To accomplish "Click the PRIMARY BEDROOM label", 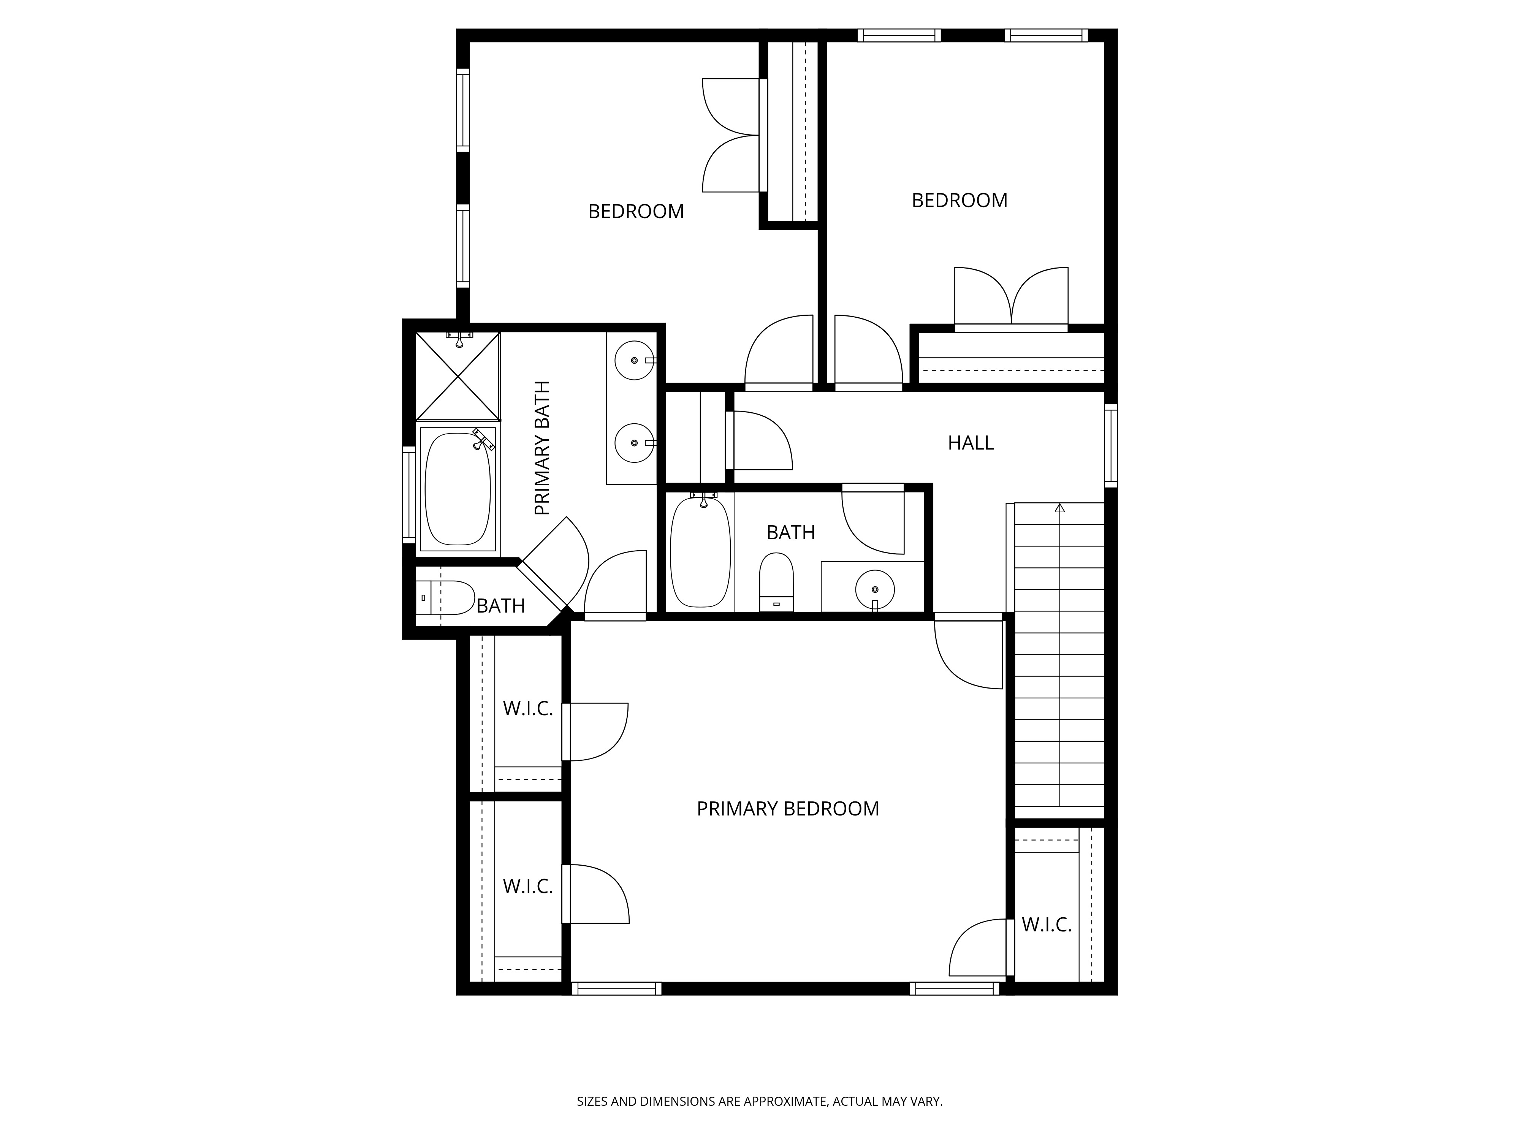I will [787, 809].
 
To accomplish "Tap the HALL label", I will [970, 443].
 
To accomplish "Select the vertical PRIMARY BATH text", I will [543, 448].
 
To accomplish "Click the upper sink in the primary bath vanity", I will [633, 360].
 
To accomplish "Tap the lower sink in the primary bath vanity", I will [633, 443].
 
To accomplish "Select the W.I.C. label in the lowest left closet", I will [528, 887].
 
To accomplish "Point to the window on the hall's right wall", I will [1110, 445].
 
